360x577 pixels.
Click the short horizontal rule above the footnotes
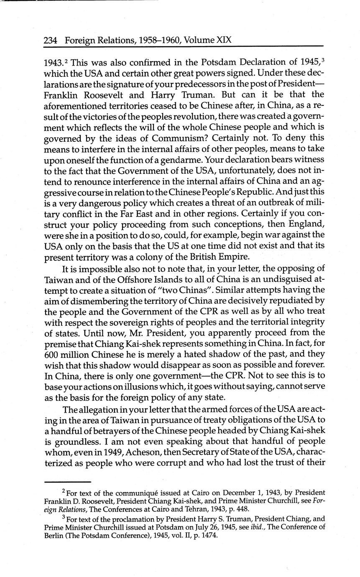67,481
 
